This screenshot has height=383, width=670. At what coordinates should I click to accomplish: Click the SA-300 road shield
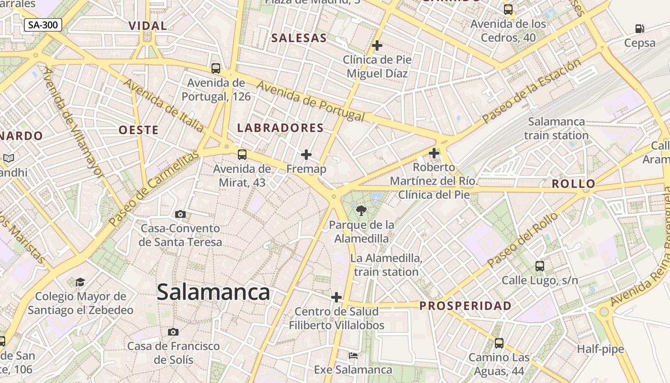43,25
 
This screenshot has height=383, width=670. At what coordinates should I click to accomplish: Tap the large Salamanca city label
213,292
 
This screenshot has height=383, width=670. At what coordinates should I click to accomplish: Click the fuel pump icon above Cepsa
639,29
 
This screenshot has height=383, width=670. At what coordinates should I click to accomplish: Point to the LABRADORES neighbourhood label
280,128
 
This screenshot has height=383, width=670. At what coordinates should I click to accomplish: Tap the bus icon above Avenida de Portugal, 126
216,68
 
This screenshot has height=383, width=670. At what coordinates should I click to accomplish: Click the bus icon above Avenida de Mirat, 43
242,154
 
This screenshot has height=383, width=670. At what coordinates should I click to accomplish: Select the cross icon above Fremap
306,155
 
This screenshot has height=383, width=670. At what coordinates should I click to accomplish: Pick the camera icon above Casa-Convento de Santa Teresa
180,214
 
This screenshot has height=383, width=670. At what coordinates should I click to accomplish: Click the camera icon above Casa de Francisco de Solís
173,332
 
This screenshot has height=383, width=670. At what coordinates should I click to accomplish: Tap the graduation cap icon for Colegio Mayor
80,282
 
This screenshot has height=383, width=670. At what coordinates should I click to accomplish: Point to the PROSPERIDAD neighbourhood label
465,305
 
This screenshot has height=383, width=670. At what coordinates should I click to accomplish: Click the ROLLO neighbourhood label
573,184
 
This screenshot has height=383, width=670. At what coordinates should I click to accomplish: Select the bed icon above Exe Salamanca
353,356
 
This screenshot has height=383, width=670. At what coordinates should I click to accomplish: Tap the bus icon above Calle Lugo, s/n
540,266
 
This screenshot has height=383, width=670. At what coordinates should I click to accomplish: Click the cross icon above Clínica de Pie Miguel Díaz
377,45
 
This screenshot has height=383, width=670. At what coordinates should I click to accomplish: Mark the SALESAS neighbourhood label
299,38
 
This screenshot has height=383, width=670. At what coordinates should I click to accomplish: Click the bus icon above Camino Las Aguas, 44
499,343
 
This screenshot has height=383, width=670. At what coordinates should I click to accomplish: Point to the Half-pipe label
600,349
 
